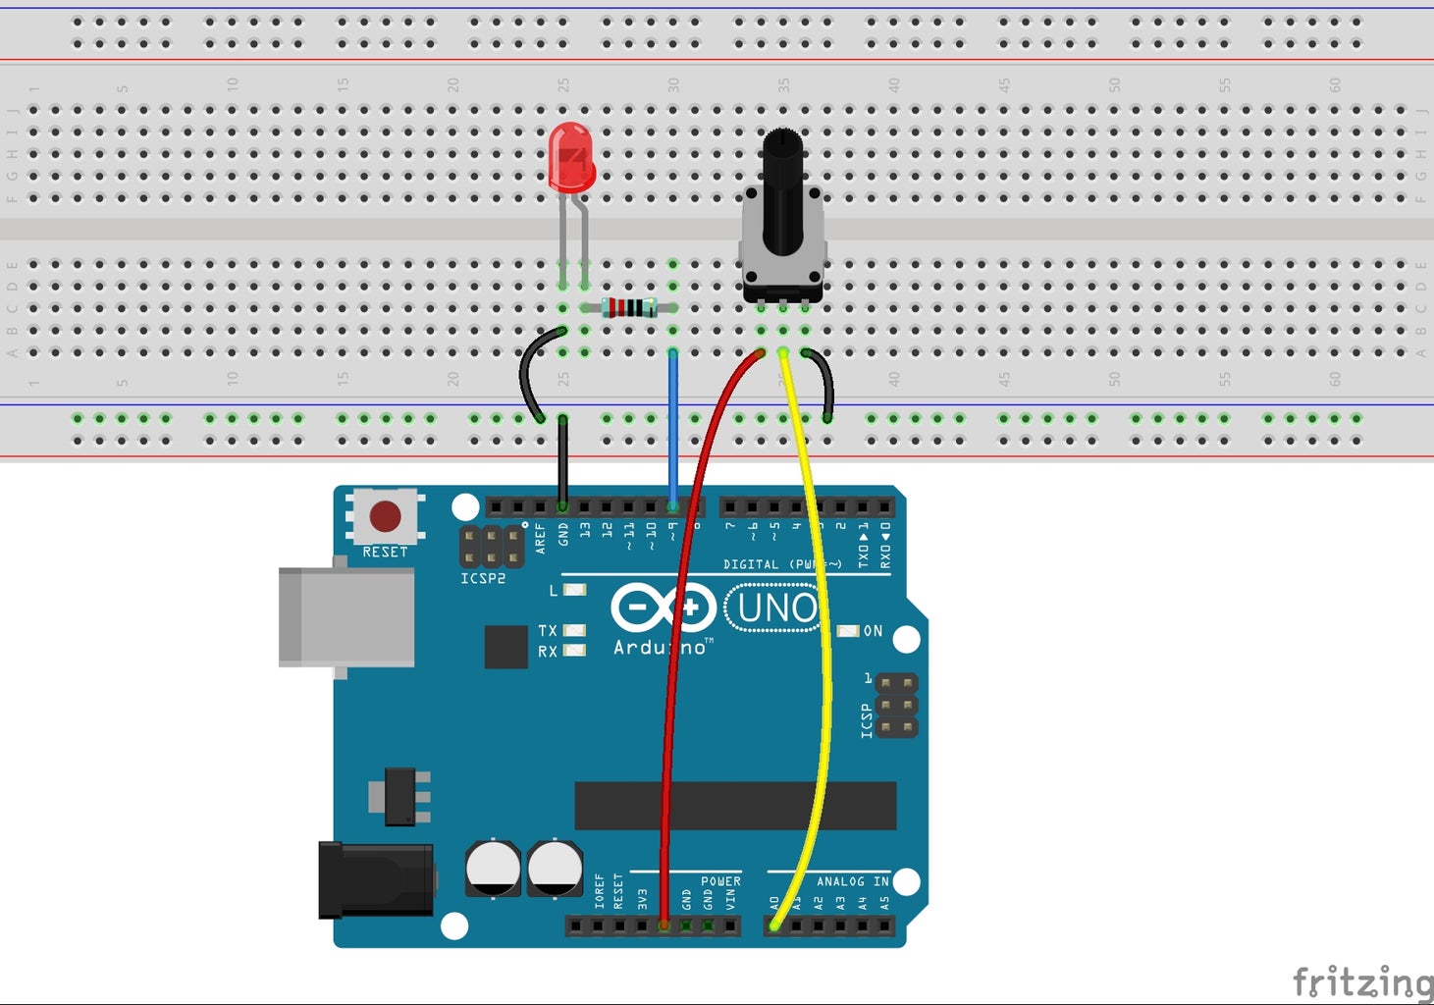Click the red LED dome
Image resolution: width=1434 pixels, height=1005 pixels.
[571, 156]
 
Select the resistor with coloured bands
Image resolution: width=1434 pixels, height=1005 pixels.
[629, 308]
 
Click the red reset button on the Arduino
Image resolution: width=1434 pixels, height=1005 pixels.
[385, 516]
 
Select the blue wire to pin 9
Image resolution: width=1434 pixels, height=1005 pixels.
[672, 432]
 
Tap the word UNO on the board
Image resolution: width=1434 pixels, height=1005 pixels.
[776, 609]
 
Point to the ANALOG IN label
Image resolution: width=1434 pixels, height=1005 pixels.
[852, 881]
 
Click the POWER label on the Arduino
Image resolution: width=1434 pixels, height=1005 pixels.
[720, 881]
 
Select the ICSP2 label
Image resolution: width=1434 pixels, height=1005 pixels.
[483, 579]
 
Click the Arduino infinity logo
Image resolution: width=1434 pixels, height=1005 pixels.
[664, 608]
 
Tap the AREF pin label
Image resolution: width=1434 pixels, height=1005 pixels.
[540, 538]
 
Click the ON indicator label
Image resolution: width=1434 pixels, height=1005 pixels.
[873, 631]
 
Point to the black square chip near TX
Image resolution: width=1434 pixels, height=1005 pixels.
[505, 647]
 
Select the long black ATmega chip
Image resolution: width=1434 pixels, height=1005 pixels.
[735, 806]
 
